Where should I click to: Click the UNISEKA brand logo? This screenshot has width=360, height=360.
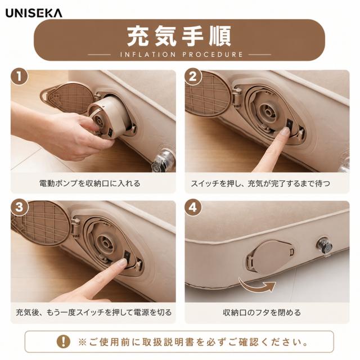point(34,13)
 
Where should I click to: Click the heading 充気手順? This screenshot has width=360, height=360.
point(179,36)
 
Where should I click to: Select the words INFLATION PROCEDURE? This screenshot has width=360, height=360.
point(181,55)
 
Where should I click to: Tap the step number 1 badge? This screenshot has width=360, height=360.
point(19,76)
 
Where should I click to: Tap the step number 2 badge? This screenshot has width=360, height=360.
point(193,76)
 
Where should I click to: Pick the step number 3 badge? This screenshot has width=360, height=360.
point(19,208)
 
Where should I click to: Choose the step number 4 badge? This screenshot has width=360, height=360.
point(193,208)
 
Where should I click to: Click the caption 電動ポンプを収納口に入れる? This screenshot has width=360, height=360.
point(89,183)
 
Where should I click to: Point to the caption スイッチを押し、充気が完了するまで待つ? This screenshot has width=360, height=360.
point(260,183)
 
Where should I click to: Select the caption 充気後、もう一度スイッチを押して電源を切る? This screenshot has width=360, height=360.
point(94,313)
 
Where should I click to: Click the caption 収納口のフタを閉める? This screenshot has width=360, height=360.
point(262,313)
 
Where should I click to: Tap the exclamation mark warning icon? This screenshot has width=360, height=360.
point(64,342)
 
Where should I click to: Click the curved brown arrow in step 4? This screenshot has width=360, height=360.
point(257,285)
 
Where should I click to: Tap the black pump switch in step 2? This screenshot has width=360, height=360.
point(290,124)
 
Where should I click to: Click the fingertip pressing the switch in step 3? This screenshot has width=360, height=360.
point(123,263)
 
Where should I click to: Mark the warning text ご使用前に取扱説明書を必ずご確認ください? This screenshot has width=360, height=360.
point(193,342)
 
